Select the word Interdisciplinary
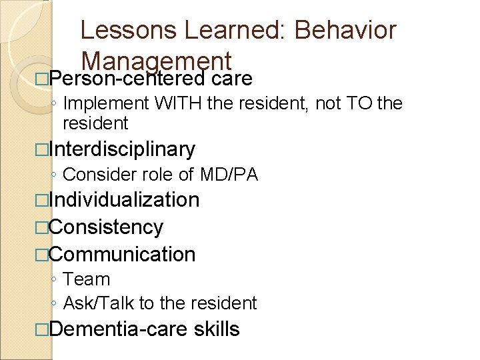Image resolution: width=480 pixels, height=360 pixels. click(x=122, y=149)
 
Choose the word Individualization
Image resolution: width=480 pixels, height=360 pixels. click(x=124, y=199)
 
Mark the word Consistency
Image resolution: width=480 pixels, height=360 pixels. click(x=106, y=227)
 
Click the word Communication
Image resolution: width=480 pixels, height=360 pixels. click(x=122, y=254)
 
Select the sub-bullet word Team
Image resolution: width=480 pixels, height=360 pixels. click(x=86, y=279)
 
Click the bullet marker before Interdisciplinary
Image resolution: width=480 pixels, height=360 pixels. click(x=42, y=149)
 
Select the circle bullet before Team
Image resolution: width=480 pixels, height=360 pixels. click(x=54, y=280)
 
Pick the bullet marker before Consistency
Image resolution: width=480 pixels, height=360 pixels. click(x=42, y=227)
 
